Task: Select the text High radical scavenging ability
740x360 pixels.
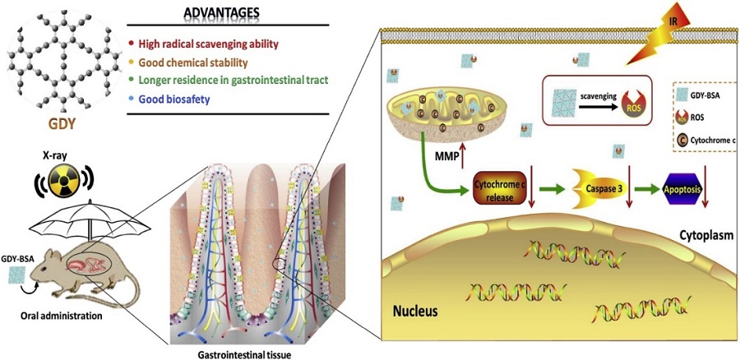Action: (x=210, y=42)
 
